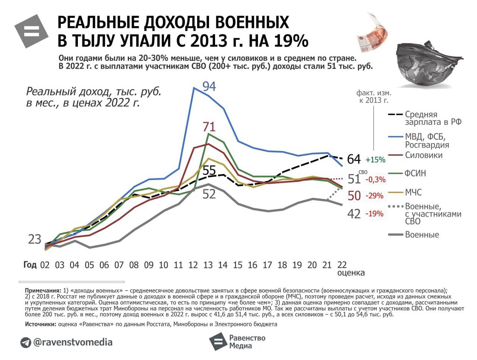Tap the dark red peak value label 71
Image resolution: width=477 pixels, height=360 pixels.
coord(209,127)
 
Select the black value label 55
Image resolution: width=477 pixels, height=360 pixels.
coord(209,170)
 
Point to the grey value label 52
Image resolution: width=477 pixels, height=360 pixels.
coord(209,194)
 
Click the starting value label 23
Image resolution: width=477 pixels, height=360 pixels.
coord(35,240)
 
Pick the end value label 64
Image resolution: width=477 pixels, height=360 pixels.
coord(354,159)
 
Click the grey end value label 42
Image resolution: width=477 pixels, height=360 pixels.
coord(354,214)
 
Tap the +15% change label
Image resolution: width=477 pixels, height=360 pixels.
coord(376,160)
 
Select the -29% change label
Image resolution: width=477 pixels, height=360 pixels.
coord(375,196)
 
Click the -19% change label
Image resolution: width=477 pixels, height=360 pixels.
coord(375,214)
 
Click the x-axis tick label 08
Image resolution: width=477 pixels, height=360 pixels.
coord(134,265)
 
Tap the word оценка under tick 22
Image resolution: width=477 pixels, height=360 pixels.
coord(351,273)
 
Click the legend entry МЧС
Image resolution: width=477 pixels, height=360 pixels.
coord(413,192)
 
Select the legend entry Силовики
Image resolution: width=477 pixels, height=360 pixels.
coord(423,155)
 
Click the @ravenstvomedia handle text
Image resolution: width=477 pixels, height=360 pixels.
coord(73,342)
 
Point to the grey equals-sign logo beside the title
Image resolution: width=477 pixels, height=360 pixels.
coord(31,31)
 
